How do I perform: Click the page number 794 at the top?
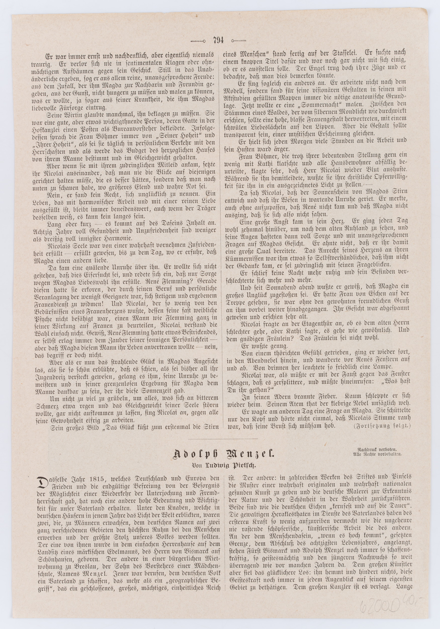(218, 41)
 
